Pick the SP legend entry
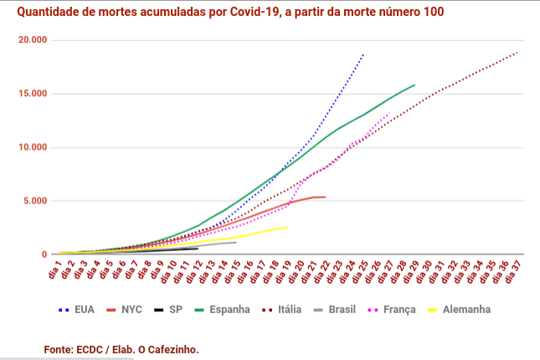[175, 309]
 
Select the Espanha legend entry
[229, 309]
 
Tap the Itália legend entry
[289, 309]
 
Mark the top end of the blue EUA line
[363, 54]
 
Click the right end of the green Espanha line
[414, 85]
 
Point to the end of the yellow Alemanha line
[287, 227]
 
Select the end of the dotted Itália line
[517, 52]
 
